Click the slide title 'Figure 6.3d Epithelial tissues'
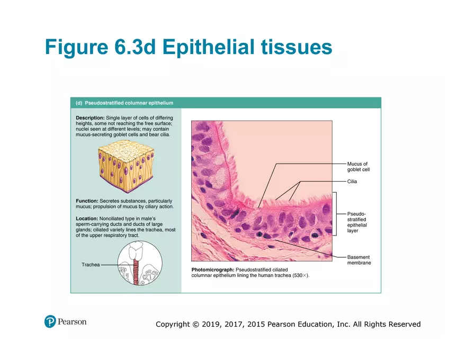tap(189, 47)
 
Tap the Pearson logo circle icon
tap(50, 321)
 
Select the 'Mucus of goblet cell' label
tap(358, 167)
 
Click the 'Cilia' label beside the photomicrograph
tap(352, 182)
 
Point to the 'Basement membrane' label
tap(359, 260)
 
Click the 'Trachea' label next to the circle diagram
tap(91, 265)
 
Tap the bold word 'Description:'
tap(90, 117)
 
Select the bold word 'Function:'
tap(87, 201)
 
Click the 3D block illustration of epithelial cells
tap(126, 164)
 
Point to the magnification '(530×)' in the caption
tap(300, 275)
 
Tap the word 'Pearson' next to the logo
tap(72, 321)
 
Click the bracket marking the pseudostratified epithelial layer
tap(335, 213)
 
